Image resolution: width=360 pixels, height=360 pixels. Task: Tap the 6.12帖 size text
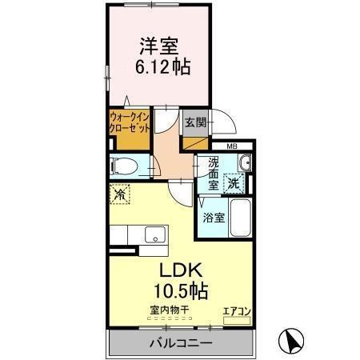pyautogui.click(x=161, y=67)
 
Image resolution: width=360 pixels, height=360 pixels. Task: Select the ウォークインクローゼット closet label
pyautogui.click(x=129, y=126)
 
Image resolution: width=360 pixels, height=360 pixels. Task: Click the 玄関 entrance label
pyautogui.click(x=194, y=122)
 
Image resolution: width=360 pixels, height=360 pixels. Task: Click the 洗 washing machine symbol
pyautogui.click(x=233, y=182)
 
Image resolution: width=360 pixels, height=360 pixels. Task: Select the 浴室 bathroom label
pyautogui.click(x=212, y=217)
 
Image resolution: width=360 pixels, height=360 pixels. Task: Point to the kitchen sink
pyautogui.click(x=155, y=235)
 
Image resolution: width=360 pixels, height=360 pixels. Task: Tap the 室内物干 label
pyautogui.click(x=166, y=310)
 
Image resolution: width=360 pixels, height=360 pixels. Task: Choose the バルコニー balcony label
pyautogui.click(x=180, y=344)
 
